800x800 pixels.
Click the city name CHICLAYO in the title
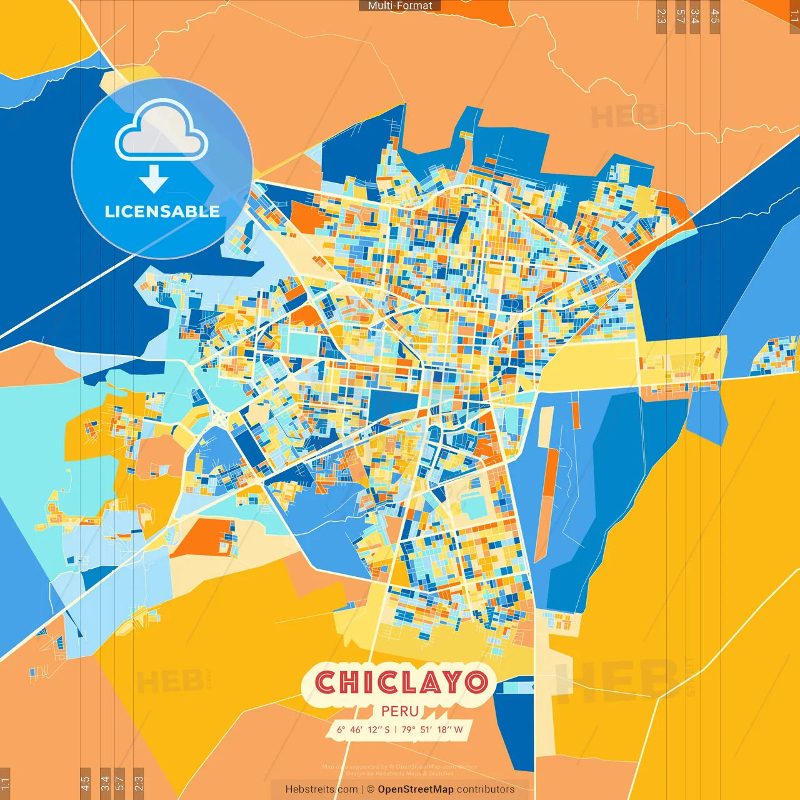[401, 682]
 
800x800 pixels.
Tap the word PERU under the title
[400, 711]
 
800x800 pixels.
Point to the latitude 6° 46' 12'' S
[363, 729]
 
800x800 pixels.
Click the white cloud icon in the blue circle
[162, 132]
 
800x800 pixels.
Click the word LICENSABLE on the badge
[162, 211]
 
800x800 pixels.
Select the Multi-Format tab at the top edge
[400, 6]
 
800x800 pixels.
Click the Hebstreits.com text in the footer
[321, 789]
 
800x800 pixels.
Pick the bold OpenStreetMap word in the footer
[415, 789]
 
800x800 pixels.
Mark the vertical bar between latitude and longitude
[396, 729]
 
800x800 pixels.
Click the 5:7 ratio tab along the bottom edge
[120, 783]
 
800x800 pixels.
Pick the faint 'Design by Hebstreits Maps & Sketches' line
[400, 773]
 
